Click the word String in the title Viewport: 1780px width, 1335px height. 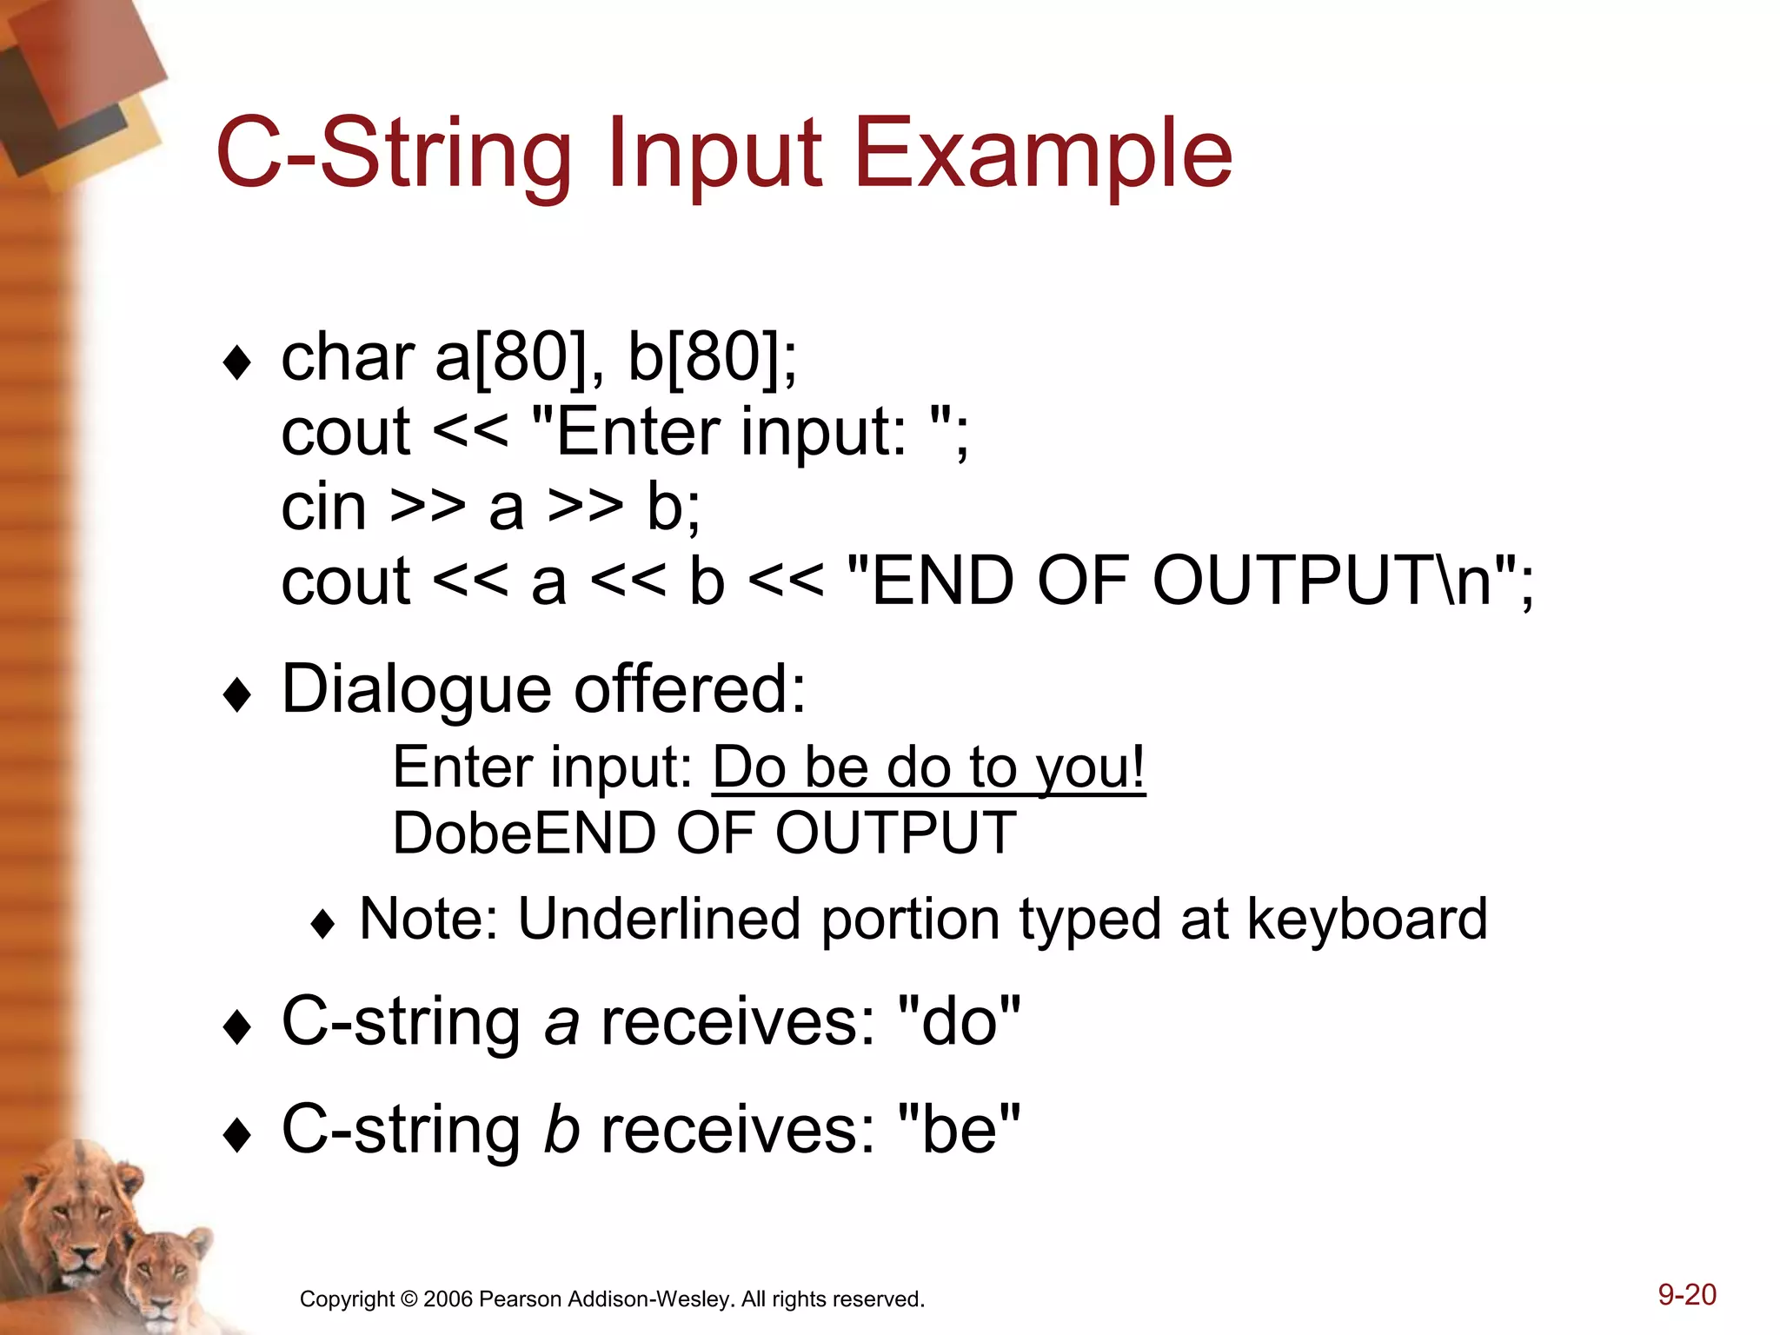point(447,155)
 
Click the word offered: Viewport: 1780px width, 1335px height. point(690,689)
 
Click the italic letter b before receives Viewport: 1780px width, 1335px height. point(561,1131)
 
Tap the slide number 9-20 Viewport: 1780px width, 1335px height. point(1686,1295)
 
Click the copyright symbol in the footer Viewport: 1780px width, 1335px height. point(408,1299)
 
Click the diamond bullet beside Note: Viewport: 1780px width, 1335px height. point(322,925)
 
